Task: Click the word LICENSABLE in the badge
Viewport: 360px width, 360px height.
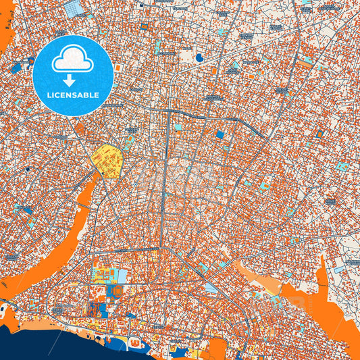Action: coord(73,95)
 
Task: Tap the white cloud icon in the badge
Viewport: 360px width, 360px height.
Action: coord(73,59)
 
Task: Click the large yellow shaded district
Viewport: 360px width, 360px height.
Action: coord(107,161)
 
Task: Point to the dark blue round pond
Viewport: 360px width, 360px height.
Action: coord(199,58)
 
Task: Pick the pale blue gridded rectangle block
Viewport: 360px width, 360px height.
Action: coord(71,8)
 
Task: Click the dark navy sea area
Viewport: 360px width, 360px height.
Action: coord(41,344)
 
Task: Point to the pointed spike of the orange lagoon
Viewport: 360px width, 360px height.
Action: coord(323,267)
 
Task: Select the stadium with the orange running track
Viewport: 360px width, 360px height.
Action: coord(115,291)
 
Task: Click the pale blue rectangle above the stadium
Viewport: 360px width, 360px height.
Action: coord(122,275)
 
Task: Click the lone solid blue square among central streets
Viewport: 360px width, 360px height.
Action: coord(220,134)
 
